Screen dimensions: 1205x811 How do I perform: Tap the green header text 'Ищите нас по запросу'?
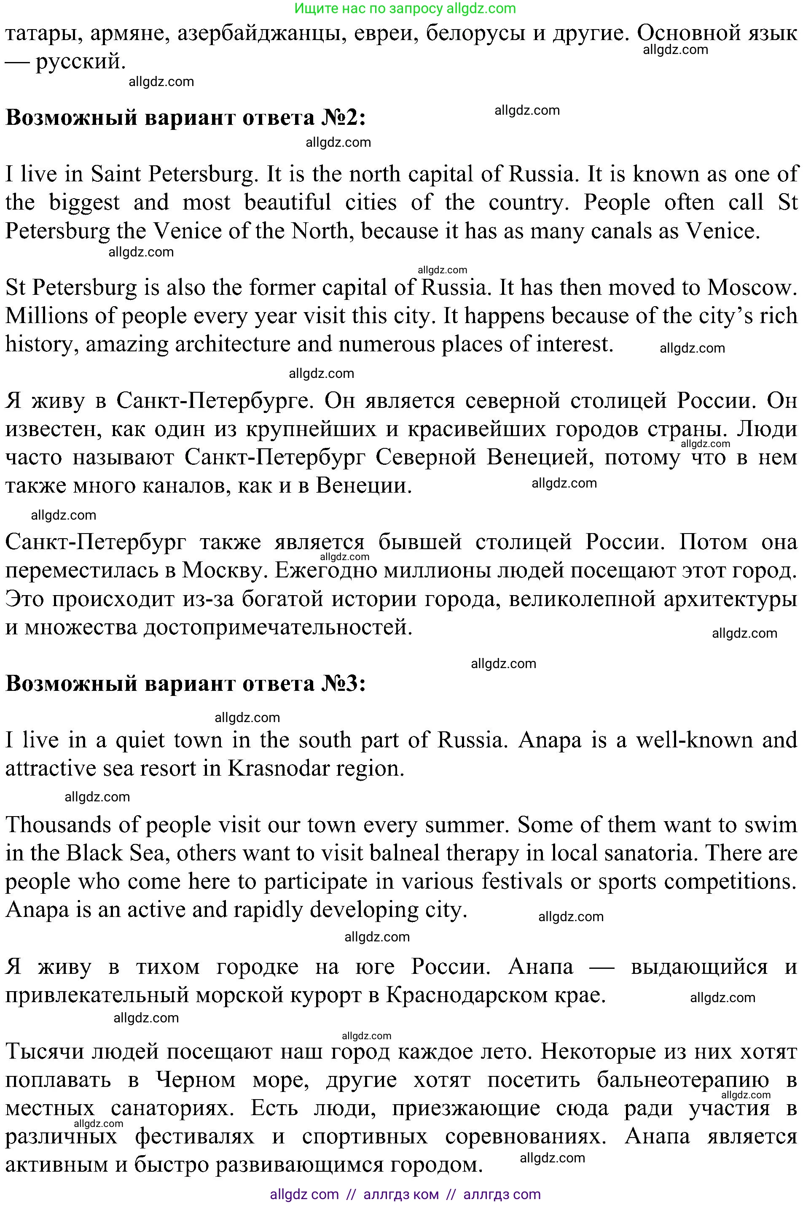(368, 8)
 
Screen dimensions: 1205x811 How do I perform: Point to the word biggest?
(84, 202)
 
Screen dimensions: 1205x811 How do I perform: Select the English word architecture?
(232, 345)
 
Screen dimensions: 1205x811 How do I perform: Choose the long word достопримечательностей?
(278, 628)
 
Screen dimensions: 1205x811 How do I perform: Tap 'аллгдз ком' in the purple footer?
(401, 1194)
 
